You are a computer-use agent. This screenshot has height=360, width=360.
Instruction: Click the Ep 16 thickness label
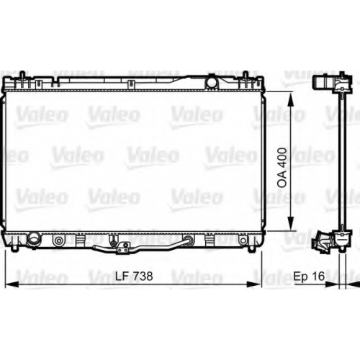309,276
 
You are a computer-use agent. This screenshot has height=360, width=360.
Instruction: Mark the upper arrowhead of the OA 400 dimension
291,99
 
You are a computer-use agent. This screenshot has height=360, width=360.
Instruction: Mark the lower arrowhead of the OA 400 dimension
291,223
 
